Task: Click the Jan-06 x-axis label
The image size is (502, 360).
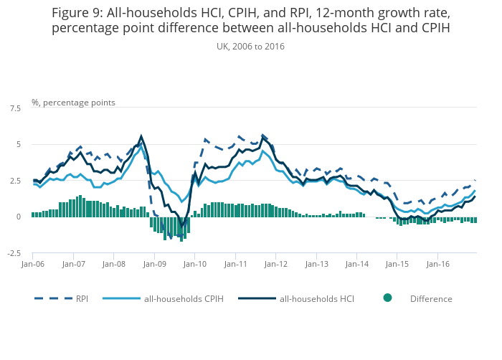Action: (x=32, y=264)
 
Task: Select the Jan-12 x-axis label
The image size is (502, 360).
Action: (x=276, y=264)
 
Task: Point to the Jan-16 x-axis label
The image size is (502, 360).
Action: (x=438, y=264)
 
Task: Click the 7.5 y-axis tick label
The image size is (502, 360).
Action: (x=15, y=108)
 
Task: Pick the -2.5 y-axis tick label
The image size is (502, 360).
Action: (x=14, y=253)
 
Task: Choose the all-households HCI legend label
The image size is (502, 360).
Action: (x=315, y=298)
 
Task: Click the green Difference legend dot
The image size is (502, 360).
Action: (x=387, y=298)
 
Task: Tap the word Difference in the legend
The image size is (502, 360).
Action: (x=431, y=298)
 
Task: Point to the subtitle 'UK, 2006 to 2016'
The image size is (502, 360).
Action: (x=250, y=46)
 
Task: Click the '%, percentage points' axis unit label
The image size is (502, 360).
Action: (x=73, y=103)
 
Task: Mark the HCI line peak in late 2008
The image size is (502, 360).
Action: (x=141, y=136)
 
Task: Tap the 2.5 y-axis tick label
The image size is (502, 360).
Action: (x=15, y=181)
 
